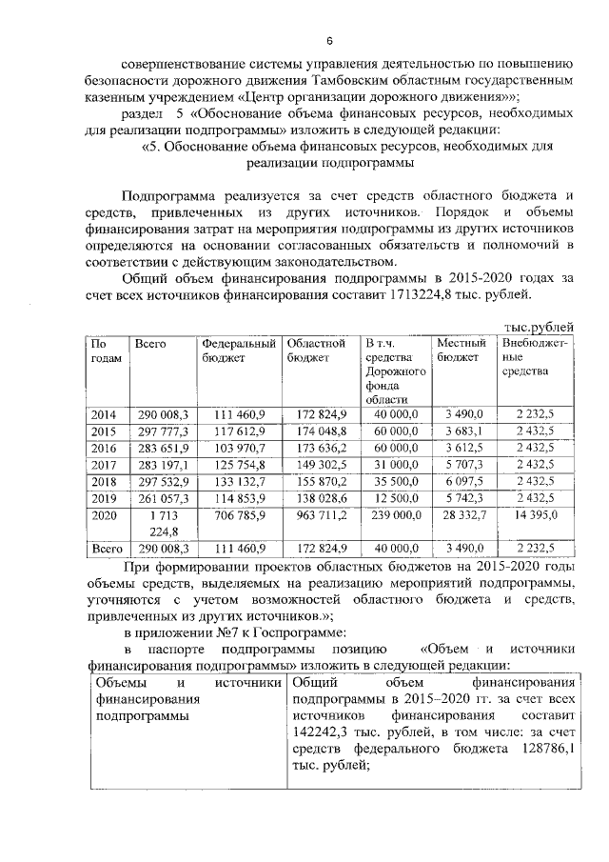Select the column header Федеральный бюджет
click(x=239, y=350)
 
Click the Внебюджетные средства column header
click(x=534, y=356)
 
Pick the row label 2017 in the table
click(x=103, y=465)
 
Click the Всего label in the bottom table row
click(x=103, y=550)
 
